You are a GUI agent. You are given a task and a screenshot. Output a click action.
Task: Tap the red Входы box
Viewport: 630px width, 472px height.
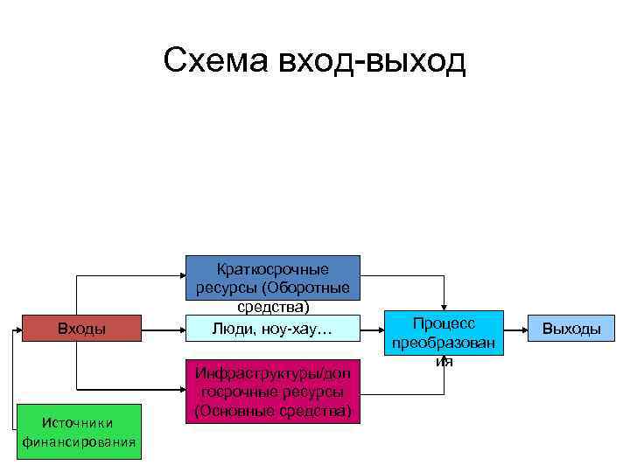81,329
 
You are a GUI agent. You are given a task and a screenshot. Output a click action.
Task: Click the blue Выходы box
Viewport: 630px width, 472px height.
571,329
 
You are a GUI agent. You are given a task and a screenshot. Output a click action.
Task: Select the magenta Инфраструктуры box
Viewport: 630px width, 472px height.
272,392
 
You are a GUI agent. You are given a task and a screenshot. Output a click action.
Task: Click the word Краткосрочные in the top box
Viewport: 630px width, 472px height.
272,268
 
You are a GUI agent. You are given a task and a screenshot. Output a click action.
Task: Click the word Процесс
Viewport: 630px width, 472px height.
445,323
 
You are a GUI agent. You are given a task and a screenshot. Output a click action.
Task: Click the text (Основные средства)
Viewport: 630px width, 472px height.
272,411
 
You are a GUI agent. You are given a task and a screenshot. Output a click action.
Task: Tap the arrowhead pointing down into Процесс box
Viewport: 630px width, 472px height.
444,305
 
